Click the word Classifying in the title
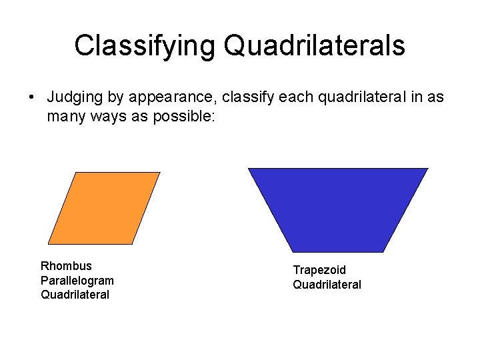[x=145, y=46]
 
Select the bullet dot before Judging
[x=31, y=98]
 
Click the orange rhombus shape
[x=104, y=208]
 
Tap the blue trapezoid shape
[x=338, y=209]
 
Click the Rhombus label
[x=66, y=266]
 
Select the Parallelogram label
[x=77, y=281]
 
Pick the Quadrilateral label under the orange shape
[x=74, y=295]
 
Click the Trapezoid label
[x=319, y=270]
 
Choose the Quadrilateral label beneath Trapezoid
[x=327, y=285]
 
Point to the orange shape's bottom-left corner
[x=49, y=243]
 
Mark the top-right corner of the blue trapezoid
[x=427, y=169]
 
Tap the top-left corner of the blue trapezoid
[x=249, y=169]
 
